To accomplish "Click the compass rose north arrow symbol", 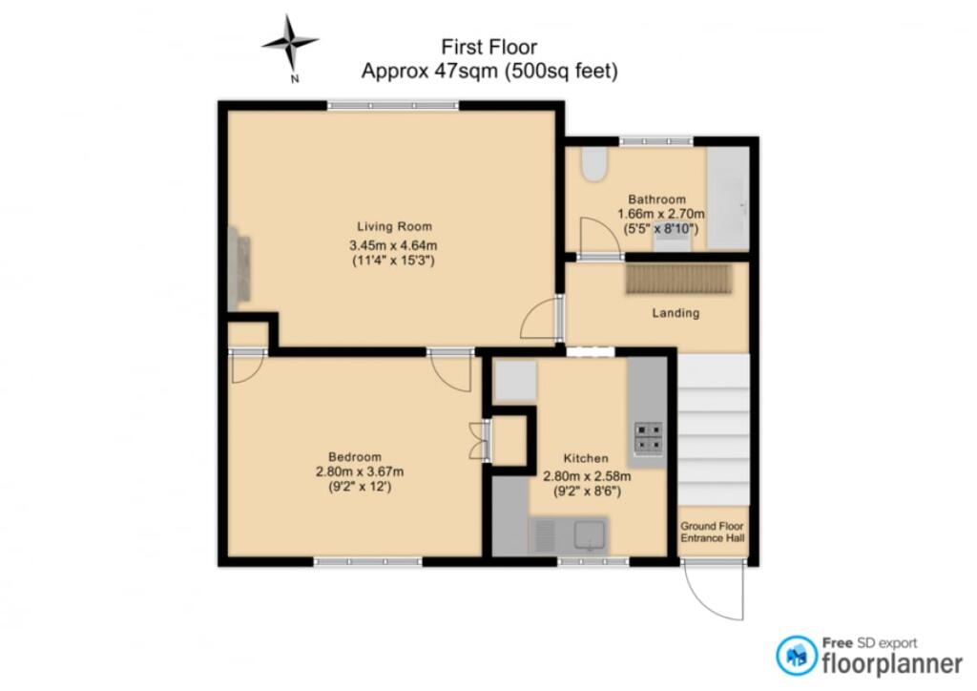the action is point(290,42).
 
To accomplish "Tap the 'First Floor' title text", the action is point(489,48).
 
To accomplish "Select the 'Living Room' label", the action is point(394,227).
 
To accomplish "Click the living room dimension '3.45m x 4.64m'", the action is point(393,245).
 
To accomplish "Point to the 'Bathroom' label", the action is point(656,199).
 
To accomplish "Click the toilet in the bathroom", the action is point(594,164).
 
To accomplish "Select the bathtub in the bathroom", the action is point(728,199).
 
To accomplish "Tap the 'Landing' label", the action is point(676,313).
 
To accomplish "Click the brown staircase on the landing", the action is point(679,279).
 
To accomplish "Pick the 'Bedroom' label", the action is point(355,457).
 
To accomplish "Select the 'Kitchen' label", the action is point(586,458).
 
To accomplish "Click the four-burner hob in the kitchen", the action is point(649,437).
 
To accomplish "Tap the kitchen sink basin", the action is point(590,535).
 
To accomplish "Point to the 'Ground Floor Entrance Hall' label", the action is point(712,532).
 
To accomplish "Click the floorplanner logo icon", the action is point(797,656).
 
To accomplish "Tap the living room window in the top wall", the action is point(393,105).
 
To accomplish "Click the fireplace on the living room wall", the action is point(239,268).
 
